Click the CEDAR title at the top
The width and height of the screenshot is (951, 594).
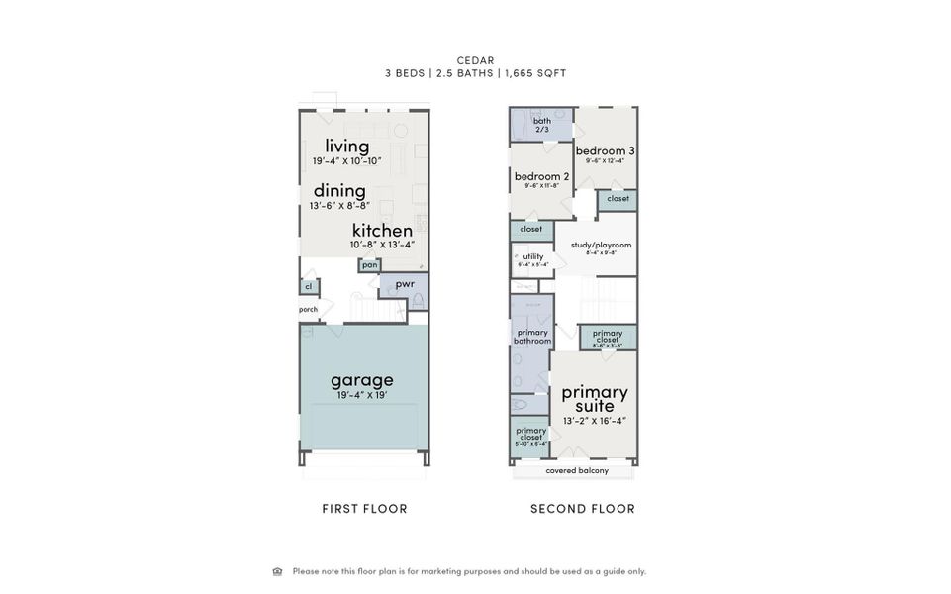475,60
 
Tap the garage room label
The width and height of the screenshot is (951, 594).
362,380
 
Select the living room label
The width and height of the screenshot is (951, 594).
347,147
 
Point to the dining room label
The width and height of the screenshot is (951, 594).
339,191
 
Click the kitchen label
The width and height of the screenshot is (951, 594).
382,230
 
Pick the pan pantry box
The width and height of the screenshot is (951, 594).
369,264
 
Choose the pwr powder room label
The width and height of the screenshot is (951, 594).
404,284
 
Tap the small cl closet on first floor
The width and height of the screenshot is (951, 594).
308,286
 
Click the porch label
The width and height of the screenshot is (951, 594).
309,309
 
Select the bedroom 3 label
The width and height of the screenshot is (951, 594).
606,151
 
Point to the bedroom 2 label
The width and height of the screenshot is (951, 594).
541,177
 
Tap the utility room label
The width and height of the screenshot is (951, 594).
533,257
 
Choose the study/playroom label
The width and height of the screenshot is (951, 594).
601,245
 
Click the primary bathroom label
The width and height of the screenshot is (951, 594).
531,337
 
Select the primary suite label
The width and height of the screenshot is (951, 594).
595,398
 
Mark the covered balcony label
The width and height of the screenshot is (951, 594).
577,470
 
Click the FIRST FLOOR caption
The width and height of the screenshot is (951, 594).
364,509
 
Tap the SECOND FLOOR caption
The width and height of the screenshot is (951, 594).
583,509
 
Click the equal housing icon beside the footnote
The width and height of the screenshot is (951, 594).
277,571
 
